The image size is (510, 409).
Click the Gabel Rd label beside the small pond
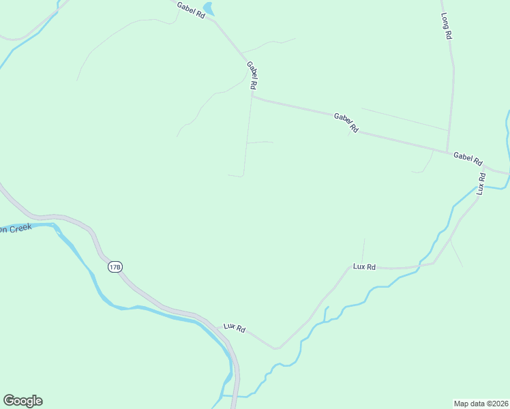click(x=191, y=10)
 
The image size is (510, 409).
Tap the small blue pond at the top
click(x=209, y=9)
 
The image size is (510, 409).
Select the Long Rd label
click(x=447, y=26)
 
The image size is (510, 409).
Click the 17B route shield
click(x=115, y=267)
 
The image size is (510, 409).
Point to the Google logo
click(x=22, y=401)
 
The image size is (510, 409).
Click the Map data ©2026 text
click(x=481, y=403)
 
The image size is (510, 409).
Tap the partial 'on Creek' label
click(x=16, y=228)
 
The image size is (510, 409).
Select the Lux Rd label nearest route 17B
click(x=234, y=328)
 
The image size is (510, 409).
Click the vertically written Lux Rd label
click(x=481, y=184)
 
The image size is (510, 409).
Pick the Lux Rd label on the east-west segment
click(x=364, y=267)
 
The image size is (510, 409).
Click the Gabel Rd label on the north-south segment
click(x=252, y=76)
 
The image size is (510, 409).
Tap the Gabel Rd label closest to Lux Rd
click(x=468, y=159)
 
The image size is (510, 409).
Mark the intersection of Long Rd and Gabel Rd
click(x=447, y=151)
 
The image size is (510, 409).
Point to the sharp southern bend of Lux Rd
click(x=276, y=348)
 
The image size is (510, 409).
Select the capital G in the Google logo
click(x=9, y=401)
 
